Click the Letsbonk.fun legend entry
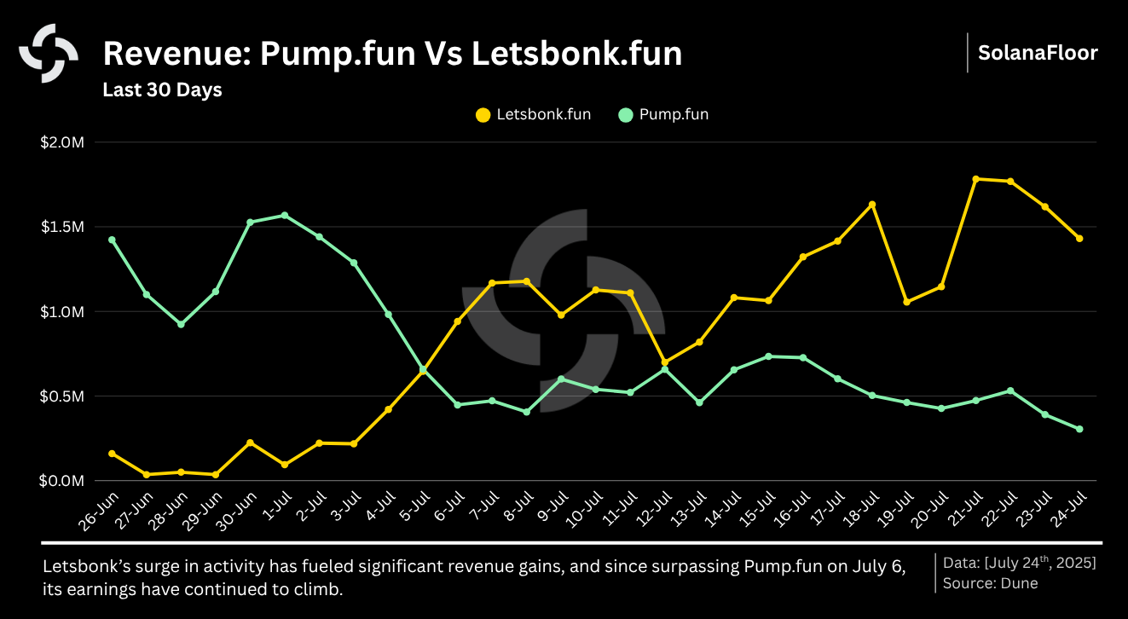click(533, 114)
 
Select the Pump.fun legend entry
click(663, 114)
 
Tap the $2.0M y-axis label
click(62, 142)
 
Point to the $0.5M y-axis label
click(62, 396)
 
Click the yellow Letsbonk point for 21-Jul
click(975, 179)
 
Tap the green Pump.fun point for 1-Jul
click(284, 215)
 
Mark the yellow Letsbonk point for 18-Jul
click(872, 205)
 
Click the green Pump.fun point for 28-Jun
click(181, 324)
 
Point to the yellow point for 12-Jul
click(664, 362)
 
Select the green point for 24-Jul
click(1079, 429)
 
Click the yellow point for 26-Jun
click(112, 454)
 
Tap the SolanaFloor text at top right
click(1038, 53)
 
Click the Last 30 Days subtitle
click(162, 90)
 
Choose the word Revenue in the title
click(176, 54)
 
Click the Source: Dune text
click(990, 584)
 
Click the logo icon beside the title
click(49, 53)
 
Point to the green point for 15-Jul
click(768, 356)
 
